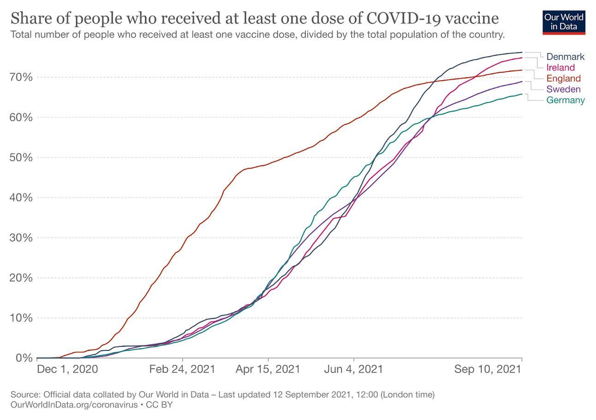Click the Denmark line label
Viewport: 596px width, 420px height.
click(x=565, y=57)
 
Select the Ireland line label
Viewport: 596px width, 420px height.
click(x=560, y=68)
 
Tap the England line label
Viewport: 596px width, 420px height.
click(x=563, y=78)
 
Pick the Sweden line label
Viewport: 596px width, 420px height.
click(x=563, y=89)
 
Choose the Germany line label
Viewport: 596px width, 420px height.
click(x=566, y=100)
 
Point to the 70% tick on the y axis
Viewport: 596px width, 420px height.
click(x=21, y=77)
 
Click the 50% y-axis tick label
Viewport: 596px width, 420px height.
click(x=21, y=157)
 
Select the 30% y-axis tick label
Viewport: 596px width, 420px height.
click(x=21, y=238)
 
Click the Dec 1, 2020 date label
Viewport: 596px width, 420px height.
click(x=67, y=369)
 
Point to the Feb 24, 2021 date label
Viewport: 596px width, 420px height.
click(x=183, y=369)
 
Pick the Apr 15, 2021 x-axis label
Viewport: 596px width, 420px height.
click(x=268, y=369)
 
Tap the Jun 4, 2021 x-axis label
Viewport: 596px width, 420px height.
click(x=354, y=369)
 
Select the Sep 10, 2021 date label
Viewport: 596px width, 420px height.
click(x=488, y=369)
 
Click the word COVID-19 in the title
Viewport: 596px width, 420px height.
click(x=405, y=18)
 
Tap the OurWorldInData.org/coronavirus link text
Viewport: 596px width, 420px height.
click(x=73, y=405)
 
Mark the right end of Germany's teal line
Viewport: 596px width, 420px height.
click(x=522, y=94)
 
